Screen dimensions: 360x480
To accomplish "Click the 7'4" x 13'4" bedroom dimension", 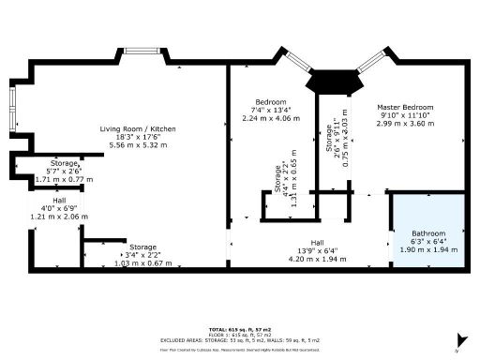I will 271,110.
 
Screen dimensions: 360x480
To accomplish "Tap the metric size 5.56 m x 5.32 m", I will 138,145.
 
